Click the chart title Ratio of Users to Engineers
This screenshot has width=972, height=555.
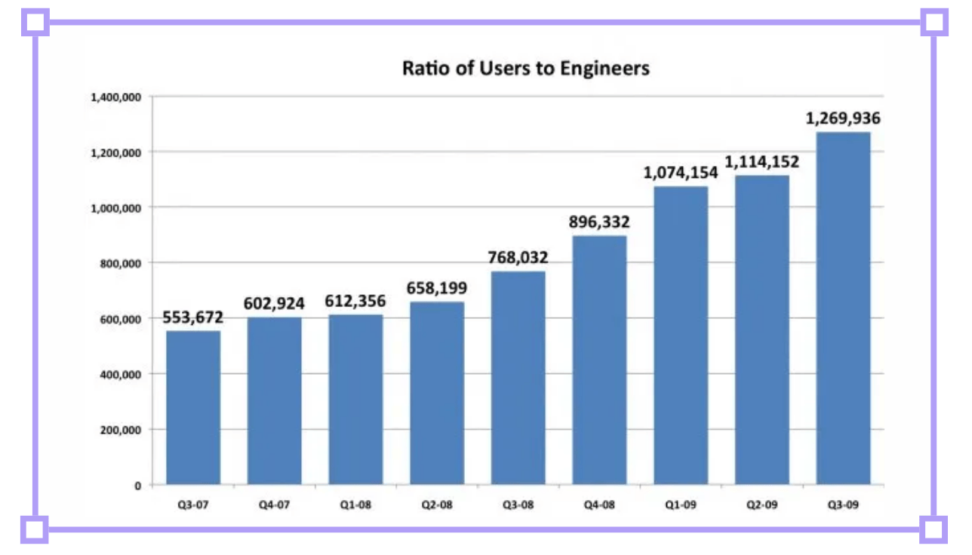[525, 69]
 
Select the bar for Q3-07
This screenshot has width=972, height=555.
[193, 407]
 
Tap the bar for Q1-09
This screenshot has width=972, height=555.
[681, 335]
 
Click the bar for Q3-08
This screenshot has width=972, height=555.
[518, 377]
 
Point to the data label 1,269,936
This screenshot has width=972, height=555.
[843, 118]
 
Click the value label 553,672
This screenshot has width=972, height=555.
[193, 317]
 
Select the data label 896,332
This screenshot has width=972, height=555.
[599, 222]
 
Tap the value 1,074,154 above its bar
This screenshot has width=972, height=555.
[681, 173]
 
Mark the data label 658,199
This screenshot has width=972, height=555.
[437, 288]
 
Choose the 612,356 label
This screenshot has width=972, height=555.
[355, 302]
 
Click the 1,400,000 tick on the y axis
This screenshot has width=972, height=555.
[115, 97]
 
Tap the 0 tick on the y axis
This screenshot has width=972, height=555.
[138, 486]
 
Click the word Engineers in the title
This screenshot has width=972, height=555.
[604, 69]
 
